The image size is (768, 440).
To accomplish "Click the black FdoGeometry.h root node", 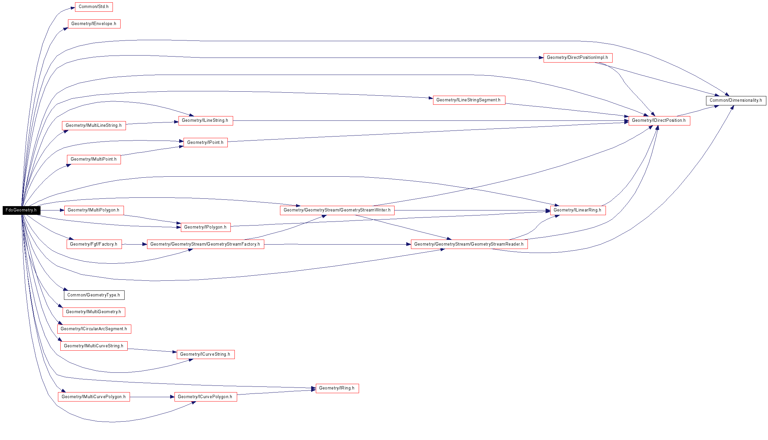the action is tap(21, 210).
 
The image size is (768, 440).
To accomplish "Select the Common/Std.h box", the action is tap(94, 7).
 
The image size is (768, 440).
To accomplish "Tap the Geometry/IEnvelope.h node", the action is tap(94, 24).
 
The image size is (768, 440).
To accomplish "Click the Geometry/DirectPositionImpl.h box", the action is tap(578, 58).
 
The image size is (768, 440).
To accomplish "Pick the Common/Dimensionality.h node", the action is tap(736, 100).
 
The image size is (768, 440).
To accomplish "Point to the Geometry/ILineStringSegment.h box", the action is tap(469, 100).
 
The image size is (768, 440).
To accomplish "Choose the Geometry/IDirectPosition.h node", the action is tap(659, 121).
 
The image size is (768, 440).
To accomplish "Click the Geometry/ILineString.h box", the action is tap(206, 121).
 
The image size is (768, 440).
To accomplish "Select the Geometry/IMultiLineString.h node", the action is tap(94, 125).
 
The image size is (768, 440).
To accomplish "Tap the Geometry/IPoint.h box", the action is tap(206, 143).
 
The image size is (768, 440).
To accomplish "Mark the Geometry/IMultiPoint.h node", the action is tap(94, 160).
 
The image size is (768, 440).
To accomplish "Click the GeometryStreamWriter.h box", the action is tap(337, 210).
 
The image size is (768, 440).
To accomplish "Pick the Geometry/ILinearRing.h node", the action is tap(578, 210).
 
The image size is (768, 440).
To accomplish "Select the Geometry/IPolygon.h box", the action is tap(206, 227).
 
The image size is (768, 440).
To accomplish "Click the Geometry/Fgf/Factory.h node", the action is tap(94, 244).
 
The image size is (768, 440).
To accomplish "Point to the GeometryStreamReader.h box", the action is tap(469, 244).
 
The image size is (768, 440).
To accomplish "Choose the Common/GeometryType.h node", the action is tap(94, 295).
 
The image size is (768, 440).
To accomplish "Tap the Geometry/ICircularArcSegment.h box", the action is tap(94, 329).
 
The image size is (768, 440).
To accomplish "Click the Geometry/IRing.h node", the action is tap(337, 388).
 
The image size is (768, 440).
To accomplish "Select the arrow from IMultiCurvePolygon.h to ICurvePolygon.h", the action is tap(152, 397).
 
